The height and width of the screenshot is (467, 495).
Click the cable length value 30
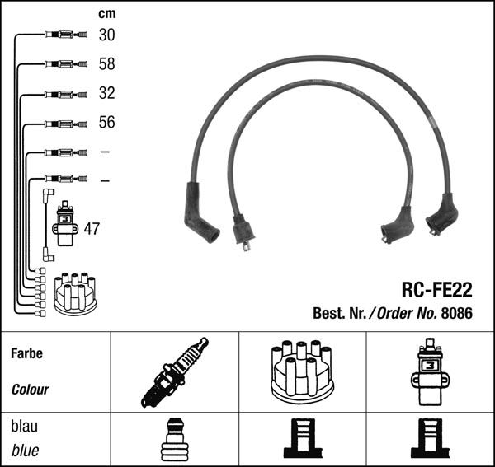(x=106, y=35)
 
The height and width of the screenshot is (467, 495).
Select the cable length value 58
(x=106, y=63)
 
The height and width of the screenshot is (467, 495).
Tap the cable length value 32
(x=106, y=93)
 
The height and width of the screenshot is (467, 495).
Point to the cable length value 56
(x=106, y=122)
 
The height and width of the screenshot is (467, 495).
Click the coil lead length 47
(x=92, y=228)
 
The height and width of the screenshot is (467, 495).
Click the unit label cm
(x=106, y=13)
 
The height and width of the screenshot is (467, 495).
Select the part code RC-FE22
(x=436, y=290)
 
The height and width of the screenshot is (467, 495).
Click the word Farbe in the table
(x=26, y=353)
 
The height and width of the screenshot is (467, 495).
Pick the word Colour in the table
(x=31, y=389)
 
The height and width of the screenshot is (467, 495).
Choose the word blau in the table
(x=24, y=427)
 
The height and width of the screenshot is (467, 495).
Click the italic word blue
(x=25, y=451)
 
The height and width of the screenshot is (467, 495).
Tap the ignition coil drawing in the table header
(x=429, y=372)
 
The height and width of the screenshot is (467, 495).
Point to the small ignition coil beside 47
(x=64, y=223)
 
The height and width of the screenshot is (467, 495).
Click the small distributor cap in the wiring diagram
(x=75, y=293)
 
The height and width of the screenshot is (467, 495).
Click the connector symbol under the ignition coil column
(x=429, y=439)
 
